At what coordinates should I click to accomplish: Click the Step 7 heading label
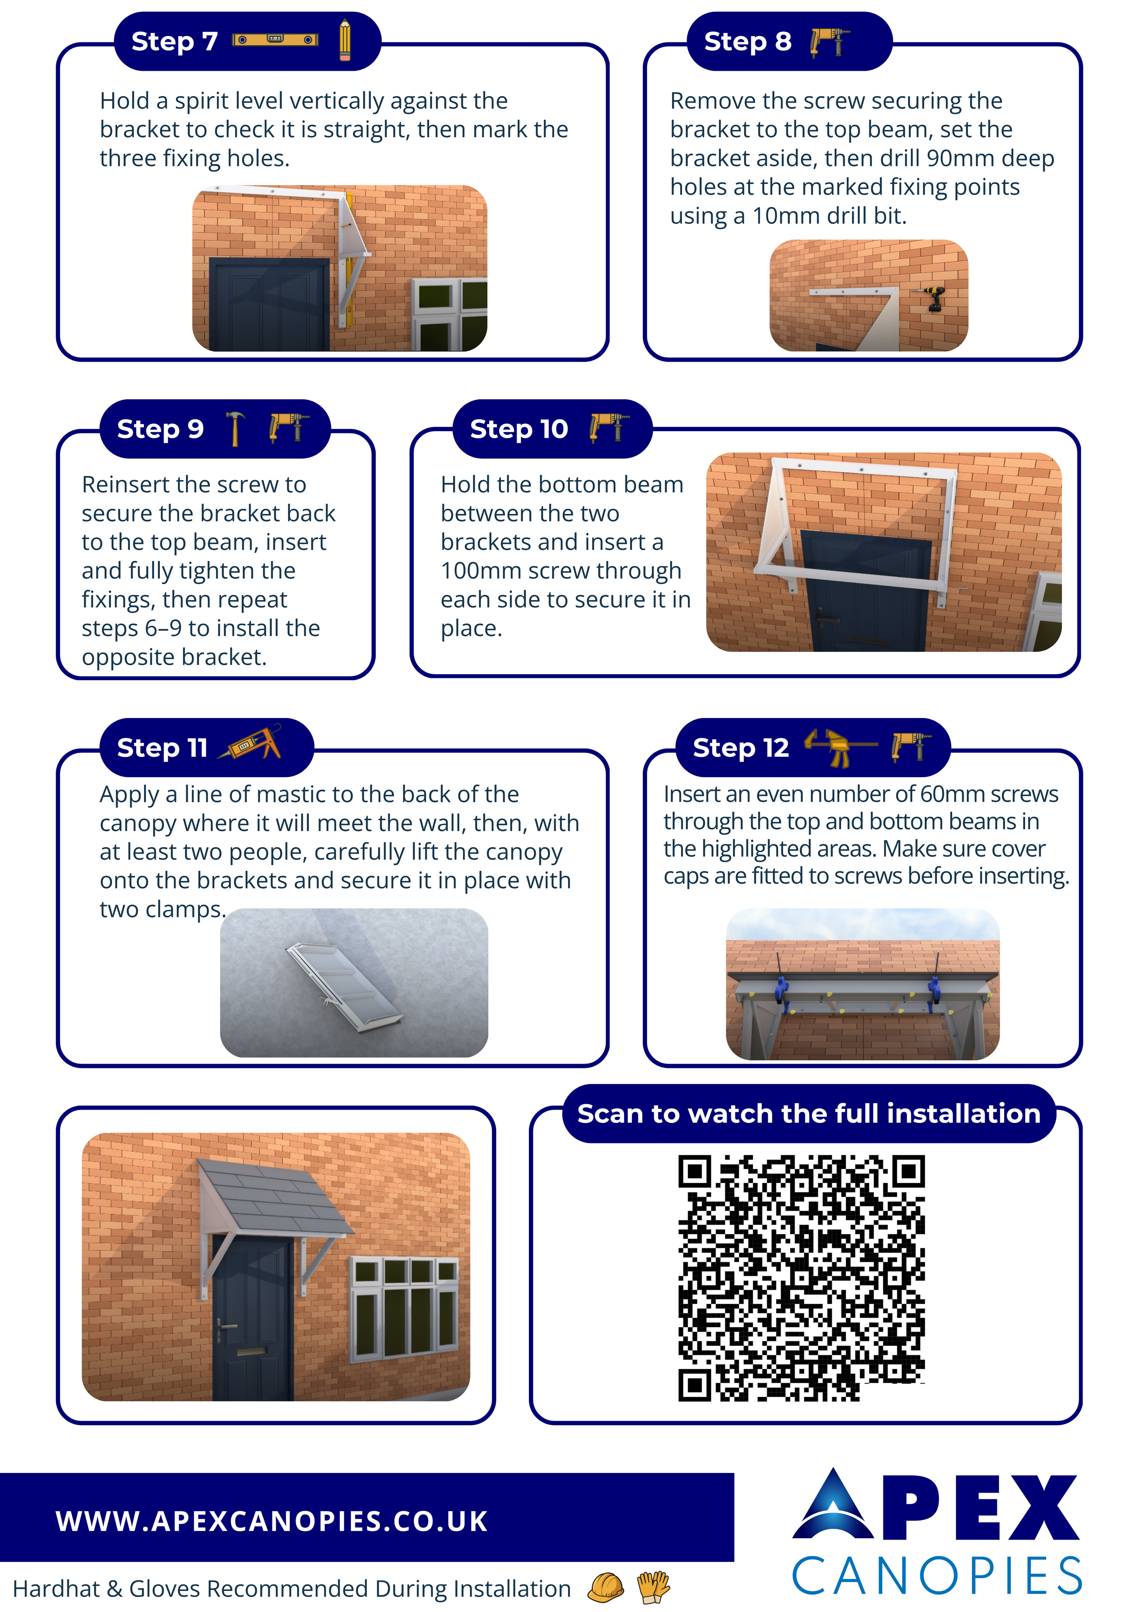pos(174,41)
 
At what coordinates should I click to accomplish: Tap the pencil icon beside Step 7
pos(344,40)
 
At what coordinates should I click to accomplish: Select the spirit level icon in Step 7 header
pos(275,40)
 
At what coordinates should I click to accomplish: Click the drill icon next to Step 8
pos(830,41)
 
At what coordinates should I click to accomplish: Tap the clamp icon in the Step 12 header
pos(841,747)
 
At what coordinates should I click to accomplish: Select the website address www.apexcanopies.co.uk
pos(272,1521)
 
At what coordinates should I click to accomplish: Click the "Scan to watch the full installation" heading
pos(808,1114)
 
